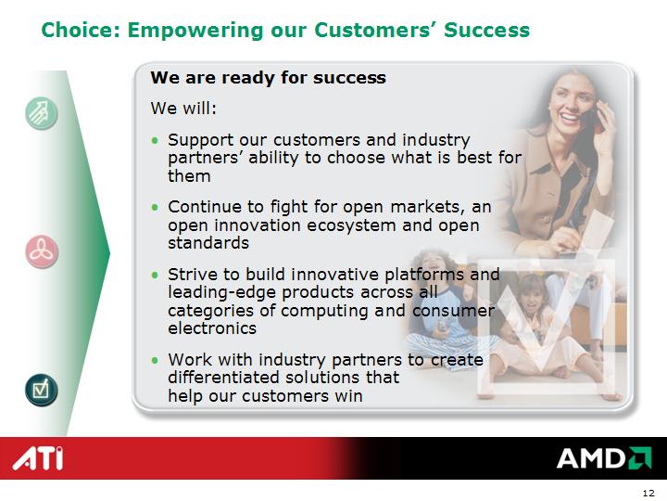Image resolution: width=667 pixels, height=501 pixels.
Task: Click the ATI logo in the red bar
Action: click(38, 458)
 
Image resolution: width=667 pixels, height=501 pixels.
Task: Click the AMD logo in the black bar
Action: click(604, 458)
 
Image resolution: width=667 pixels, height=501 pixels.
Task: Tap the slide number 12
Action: click(648, 493)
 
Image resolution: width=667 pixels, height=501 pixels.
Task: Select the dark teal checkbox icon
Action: click(42, 390)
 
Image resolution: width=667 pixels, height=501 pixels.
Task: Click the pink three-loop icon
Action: click(42, 252)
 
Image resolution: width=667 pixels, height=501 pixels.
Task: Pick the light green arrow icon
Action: click(42, 113)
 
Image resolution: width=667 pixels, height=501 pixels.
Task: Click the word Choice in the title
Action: click(81, 31)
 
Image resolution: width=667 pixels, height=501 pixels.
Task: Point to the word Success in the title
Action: click(486, 31)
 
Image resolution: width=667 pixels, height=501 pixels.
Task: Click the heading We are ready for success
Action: click(268, 78)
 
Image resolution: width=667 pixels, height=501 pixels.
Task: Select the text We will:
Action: click(183, 109)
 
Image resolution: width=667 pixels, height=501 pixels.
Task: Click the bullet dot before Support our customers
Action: click(155, 140)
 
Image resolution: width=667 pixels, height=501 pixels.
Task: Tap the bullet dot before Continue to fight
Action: click(155, 207)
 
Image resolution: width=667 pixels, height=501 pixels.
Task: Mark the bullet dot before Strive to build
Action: click(155, 275)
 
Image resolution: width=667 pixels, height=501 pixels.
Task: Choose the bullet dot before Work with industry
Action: click(155, 360)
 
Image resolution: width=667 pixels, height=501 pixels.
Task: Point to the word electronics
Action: click(212, 328)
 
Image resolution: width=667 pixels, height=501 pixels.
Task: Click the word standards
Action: click(208, 243)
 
